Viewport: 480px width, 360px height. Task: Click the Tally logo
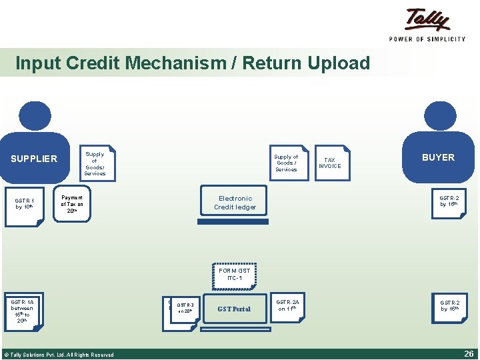[427, 19]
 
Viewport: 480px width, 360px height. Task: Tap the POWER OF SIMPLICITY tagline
[427, 39]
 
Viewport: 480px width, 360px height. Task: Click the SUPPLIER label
[34, 159]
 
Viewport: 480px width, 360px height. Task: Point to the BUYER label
[438, 157]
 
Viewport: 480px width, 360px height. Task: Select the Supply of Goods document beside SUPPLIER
[95, 163]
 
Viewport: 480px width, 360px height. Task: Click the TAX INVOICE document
[330, 163]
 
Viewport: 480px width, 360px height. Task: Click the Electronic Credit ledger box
[235, 203]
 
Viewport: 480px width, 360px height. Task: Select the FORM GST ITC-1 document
[235, 275]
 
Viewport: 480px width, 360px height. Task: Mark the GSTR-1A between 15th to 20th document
[24, 311]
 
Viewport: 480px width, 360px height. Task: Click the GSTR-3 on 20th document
[185, 309]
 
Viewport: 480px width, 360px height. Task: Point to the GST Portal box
[234, 309]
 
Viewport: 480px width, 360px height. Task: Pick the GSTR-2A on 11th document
[288, 306]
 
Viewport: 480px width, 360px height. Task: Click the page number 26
[468, 354]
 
